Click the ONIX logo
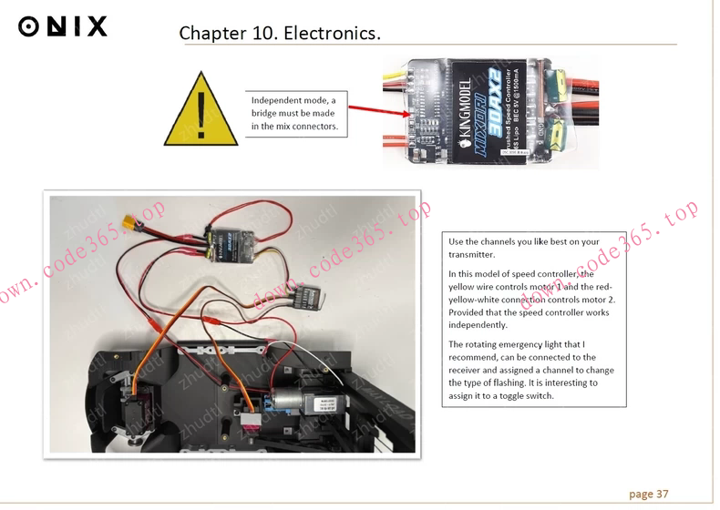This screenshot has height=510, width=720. pos(63,26)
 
